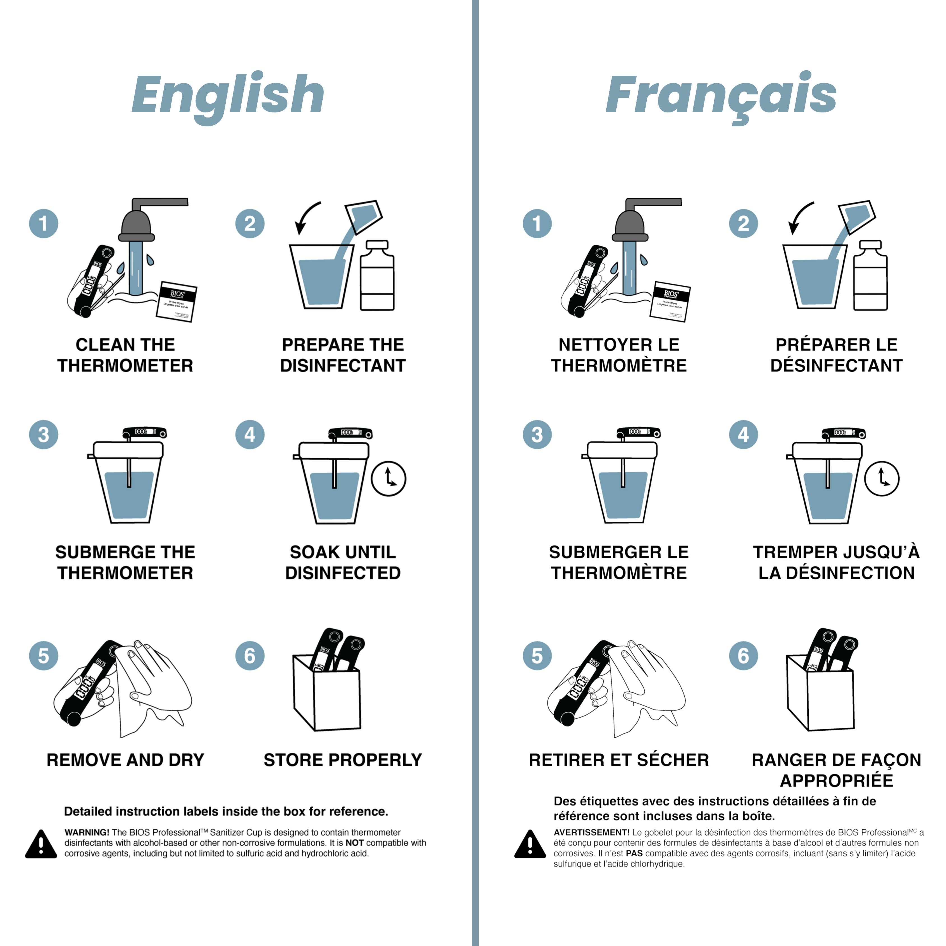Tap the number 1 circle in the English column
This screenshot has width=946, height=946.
coord(43,223)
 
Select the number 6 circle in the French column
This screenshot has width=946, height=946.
coord(743,656)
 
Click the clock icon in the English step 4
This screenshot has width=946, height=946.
coord(388,478)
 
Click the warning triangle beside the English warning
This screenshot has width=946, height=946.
coord(41,844)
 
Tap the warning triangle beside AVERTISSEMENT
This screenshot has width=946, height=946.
coord(530,844)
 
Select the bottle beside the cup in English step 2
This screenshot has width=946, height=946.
coord(377,275)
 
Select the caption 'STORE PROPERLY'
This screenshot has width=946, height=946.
coord(343,760)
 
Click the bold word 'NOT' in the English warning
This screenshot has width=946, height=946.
coord(355,843)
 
